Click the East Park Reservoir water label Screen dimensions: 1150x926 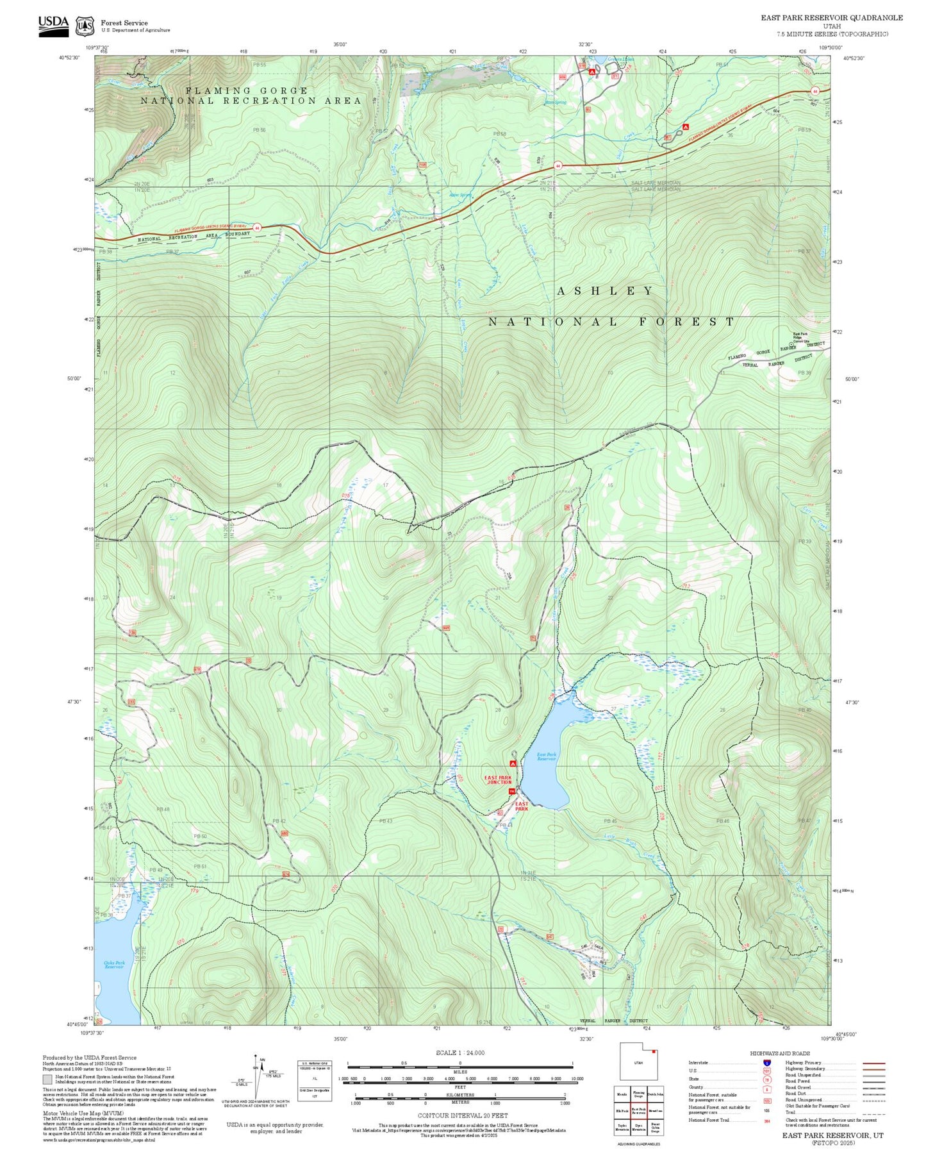[x=547, y=756]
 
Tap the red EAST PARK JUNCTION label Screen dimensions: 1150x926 [x=499, y=779]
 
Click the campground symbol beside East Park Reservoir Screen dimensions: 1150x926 [x=513, y=763]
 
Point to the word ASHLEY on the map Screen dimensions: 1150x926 [x=605, y=291]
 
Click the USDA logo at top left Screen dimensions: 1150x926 [x=53, y=25]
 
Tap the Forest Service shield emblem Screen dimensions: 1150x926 [x=85, y=26]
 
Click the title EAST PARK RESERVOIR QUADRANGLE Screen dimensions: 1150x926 [x=831, y=17]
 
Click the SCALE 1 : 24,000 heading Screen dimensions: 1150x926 [x=460, y=1053]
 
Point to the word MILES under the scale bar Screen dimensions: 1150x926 [x=460, y=1071]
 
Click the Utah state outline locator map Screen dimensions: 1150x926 [x=638, y=1062]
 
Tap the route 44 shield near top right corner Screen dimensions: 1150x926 [x=814, y=91]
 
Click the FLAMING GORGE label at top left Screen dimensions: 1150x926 [x=247, y=91]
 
